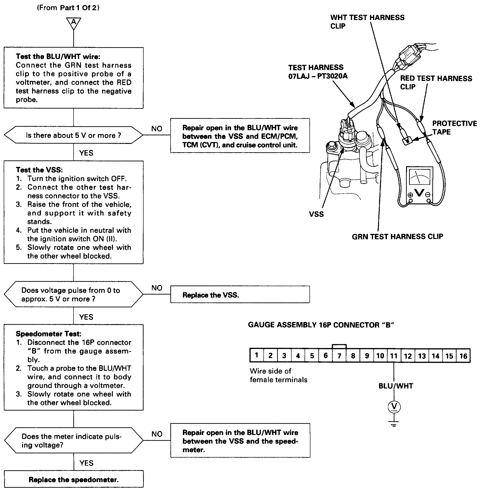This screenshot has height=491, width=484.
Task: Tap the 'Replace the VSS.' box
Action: [240, 295]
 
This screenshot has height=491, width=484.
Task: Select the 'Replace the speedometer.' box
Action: [74, 480]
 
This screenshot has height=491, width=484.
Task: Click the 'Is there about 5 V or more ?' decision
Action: [74, 135]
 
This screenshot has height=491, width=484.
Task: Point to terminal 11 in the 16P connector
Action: [394, 356]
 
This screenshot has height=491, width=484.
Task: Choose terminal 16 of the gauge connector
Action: [463, 356]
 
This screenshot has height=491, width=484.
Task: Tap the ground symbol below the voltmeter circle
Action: [394, 424]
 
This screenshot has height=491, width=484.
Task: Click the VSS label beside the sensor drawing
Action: [316, 214]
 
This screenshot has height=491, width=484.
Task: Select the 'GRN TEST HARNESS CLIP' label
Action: [397, 236]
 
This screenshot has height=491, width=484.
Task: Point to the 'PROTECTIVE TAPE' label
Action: [454, 127]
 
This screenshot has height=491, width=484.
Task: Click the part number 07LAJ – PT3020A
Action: [318, 76]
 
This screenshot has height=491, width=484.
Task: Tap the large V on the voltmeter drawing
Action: [419, 192]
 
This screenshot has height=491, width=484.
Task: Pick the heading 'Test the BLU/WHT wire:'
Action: [58, 56]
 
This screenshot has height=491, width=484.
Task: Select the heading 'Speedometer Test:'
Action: [49, 334]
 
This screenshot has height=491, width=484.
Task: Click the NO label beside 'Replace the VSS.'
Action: [157, 288]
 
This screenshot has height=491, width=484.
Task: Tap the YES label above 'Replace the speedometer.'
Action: [86, 463]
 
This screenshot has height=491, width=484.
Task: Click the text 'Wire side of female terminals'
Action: [278, 375]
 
